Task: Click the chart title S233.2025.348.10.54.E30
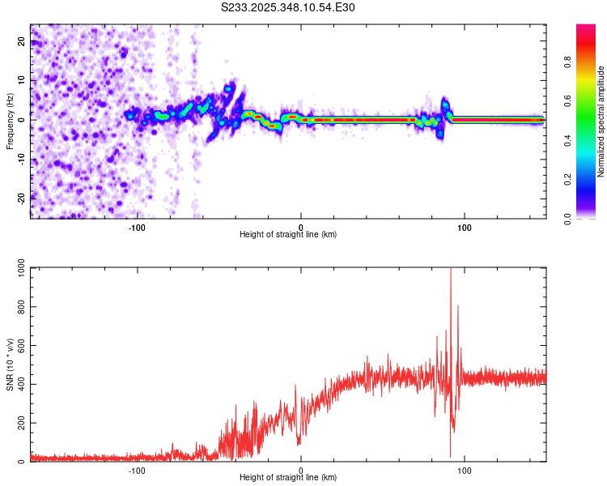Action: (288, 8)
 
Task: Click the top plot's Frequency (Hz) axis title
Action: (11, 121)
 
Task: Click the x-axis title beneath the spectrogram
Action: (288, 234)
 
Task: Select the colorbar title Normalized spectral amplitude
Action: (601, 122)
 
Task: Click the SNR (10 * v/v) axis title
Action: (11, 364)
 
